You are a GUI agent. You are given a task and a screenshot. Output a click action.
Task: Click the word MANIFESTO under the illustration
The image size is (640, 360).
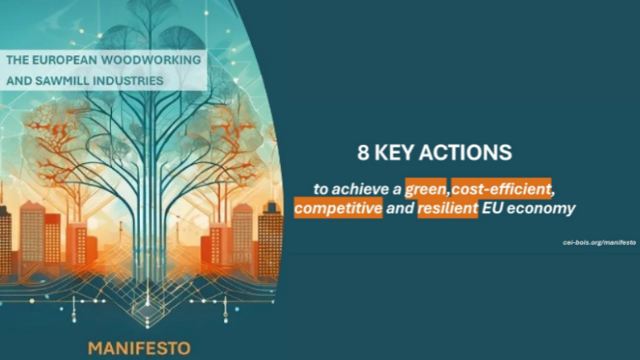(x=139, y=348)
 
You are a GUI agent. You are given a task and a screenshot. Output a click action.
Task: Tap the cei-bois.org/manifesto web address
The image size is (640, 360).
(x=599, y=242)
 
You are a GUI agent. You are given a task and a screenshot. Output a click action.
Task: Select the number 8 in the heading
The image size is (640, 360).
(x=363, y=152)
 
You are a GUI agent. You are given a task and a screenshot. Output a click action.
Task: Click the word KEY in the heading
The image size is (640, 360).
(x=395, y=152)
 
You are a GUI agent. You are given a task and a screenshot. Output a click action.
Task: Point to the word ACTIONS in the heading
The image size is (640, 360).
(x=465, y=152)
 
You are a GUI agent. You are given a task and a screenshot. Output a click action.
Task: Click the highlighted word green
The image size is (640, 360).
(x=425, y=189)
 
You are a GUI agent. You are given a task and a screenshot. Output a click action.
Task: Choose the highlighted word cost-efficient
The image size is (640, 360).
(x=502, y=189)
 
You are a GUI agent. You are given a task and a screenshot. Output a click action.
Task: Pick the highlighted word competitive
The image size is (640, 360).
(x=339, y=208)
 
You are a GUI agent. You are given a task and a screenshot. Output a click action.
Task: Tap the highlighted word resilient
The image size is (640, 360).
(x=447, y=208)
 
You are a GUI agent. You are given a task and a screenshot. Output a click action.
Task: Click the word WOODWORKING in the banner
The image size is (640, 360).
(x=151, y=60)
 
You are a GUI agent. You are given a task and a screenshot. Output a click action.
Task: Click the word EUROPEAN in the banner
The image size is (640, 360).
(x=64, y=60)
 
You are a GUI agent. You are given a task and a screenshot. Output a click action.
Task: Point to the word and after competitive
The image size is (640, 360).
(x=400, y=208)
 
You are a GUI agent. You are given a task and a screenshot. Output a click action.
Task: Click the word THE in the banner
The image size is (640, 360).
(x=17, y=60)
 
